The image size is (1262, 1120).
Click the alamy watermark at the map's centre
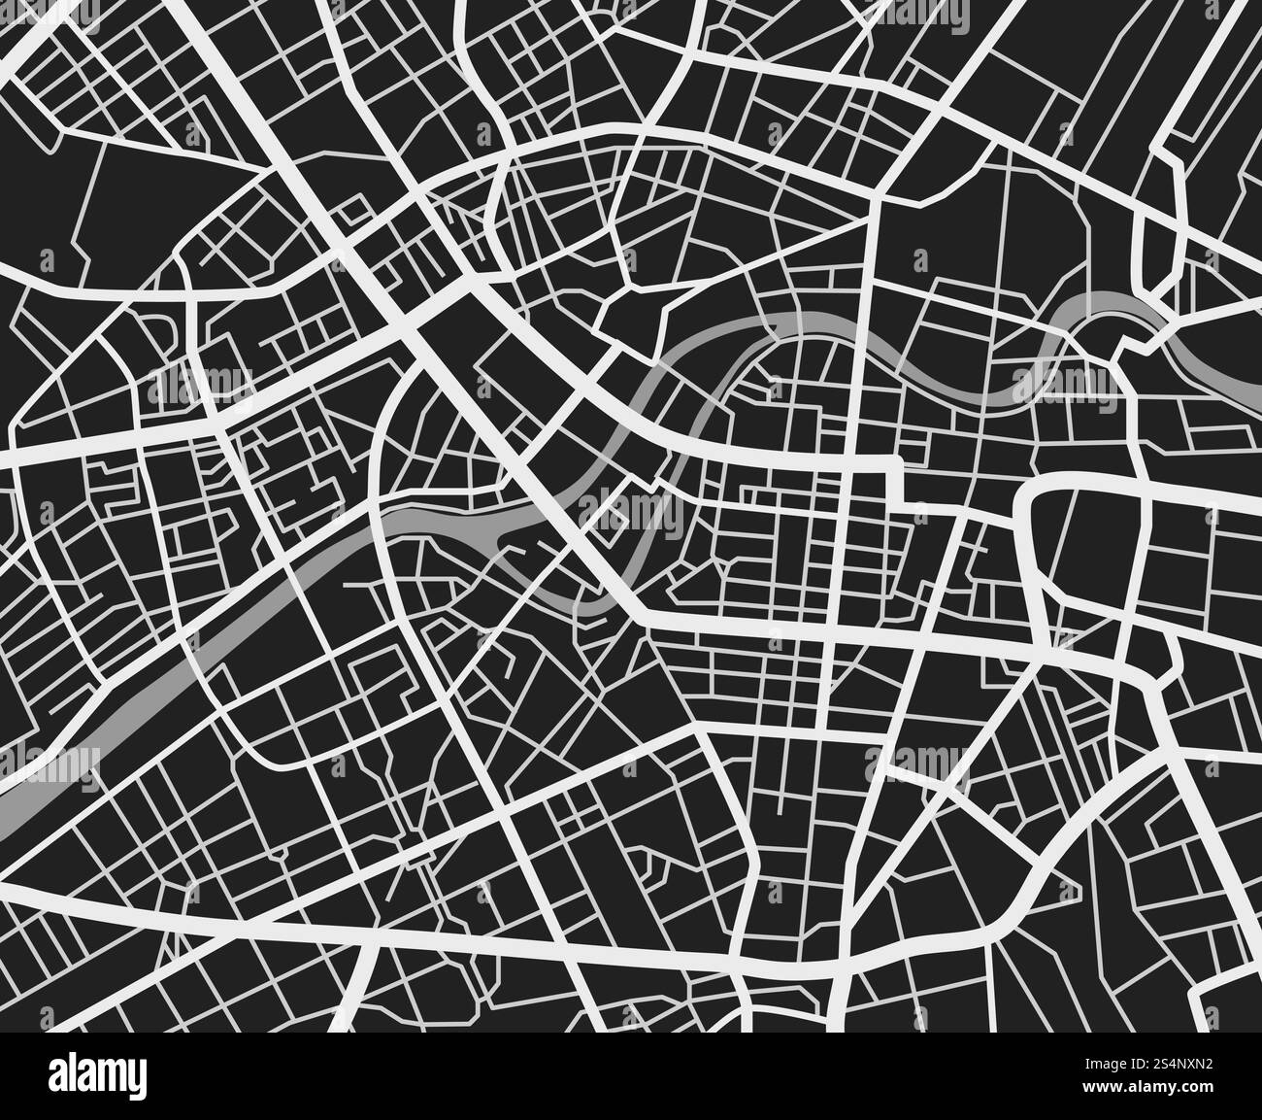632,504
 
